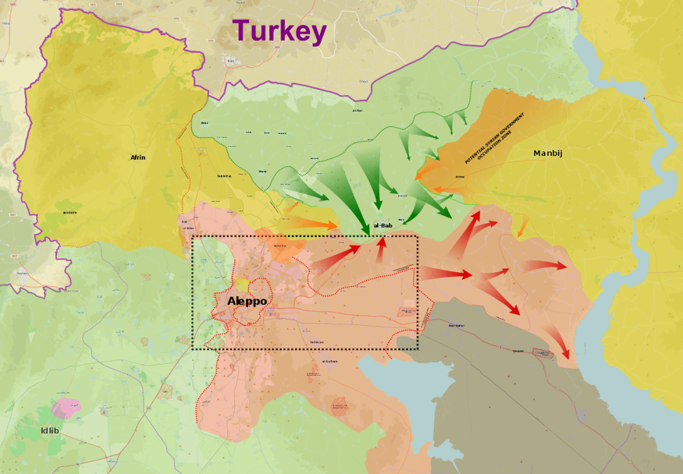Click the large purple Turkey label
[x=279, y=31]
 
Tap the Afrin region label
[x=137, y=157]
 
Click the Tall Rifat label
[x=224, y=176]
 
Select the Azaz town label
[x=204, y=123]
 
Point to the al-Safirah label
[x=330, y=361]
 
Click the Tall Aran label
[x=316, y=342]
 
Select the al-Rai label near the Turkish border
[x=357, y=110]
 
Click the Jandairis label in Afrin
[x=70, y=212]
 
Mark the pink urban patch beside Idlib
[x=63, y=408]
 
